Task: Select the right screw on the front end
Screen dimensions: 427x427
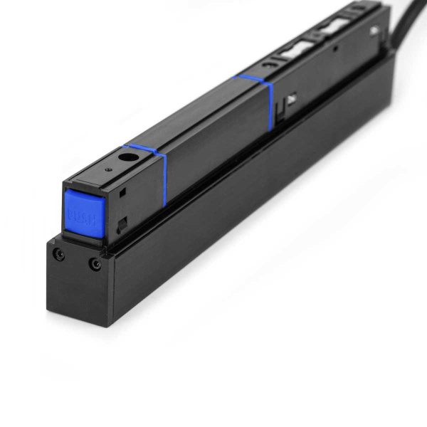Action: tap(95, 264)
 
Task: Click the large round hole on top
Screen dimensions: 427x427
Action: tap(128, 157)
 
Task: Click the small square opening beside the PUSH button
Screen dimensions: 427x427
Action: tap(123, 191)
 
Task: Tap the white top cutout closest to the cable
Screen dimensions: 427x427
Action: tap(335, 28)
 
